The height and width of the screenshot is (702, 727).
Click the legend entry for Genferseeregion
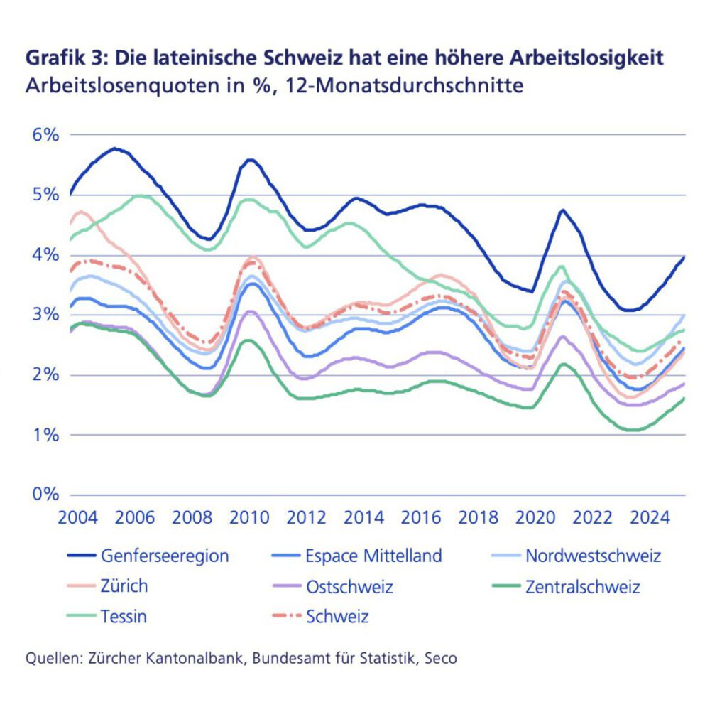pyautogui.click(x=165, y=555)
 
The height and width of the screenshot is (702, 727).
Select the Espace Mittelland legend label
pyautogui.click(x=373, y=555)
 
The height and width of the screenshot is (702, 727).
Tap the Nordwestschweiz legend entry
pyautogui.click(x=593, y=555)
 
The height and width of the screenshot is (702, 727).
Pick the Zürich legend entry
pyautogui.click(x=124, y=586)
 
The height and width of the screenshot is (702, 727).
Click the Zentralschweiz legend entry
pyautogui.click(x=582, y=587)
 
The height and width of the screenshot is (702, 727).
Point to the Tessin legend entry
pyautogui.click(x=124, y=617)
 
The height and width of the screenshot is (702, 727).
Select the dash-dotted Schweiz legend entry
pyautogui.click(x=337, y=617)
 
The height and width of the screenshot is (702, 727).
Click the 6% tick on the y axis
pyautogui.click(x=44, y=134)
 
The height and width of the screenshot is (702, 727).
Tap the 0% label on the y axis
pyautogui.click(x=44, y=495)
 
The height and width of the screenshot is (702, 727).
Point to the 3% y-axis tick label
pyautogui.click(x=44, y=315)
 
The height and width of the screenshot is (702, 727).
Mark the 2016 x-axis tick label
pyautogui.click(x=422, y=517)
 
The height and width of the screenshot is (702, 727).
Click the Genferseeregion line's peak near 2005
pyautogui.click(x=114, y=148)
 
